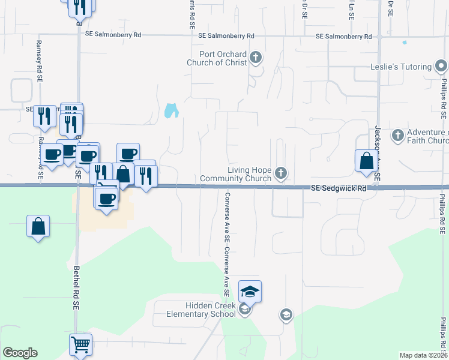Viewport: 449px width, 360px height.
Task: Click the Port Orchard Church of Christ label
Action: click(x=217, y=58)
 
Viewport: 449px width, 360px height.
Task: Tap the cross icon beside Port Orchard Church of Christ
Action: click(x=256, y=58)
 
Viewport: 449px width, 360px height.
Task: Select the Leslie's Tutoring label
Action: click(x=401, y=67)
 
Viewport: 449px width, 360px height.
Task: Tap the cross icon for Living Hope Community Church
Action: click(x=280, y=174)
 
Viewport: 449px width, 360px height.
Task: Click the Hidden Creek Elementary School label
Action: click(x=194, y=310)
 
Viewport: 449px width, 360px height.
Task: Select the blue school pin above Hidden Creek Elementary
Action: click(x=250, y=292)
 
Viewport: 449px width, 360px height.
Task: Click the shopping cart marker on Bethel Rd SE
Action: click(x=80, y=344)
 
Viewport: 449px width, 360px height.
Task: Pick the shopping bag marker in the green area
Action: click(x=38, y=227)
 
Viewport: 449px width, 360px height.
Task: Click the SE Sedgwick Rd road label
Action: click(x=339, y=188)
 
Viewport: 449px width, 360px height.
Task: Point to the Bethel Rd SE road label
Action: click(x=76, y=287)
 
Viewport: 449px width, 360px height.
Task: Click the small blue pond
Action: click(x=171, y=110)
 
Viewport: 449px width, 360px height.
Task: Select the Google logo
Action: click(x=20, y=353)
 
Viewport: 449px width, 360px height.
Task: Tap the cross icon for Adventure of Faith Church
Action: click(x=397, y=136)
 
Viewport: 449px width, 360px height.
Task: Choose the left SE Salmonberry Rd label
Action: click(x=113, y=35)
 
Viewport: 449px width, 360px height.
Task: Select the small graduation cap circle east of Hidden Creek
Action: click(x=286, y=314)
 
